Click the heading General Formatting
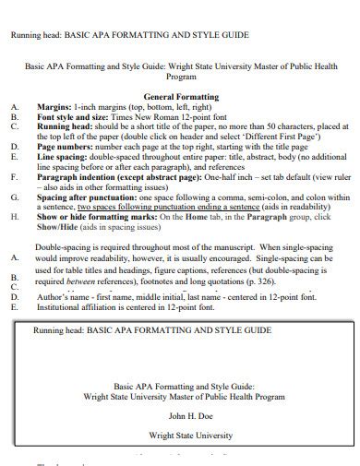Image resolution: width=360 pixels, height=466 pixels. pos(181,97)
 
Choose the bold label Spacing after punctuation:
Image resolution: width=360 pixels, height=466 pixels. pos(89,197)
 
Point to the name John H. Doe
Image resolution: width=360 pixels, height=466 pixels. pos(181,417)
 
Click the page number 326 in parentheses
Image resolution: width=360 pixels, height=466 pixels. pos(289,281)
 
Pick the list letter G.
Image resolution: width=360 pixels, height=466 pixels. pos(14,197)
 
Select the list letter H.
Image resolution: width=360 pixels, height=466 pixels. pos(14,217)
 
